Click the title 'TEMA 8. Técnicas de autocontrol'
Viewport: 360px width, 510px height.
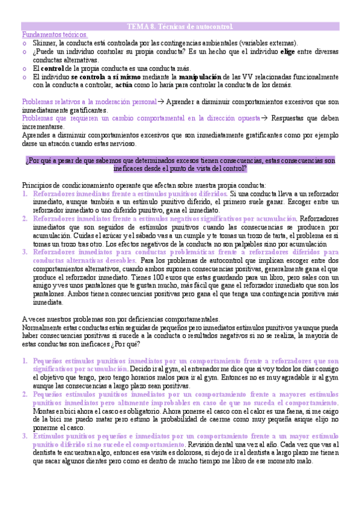(180, 27)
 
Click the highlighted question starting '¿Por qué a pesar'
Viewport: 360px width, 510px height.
(180, 165)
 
